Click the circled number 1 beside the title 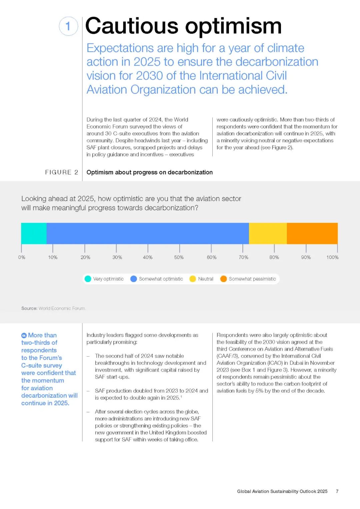pyautogui.click(x=68, y=26)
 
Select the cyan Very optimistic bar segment pyautogui.click(x=34, y=233)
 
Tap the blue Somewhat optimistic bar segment pyautogui.click(x=148, y=233)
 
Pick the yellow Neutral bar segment pyautogui.click(x=268, y=233)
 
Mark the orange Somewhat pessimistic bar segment pyautogui.click(x=312, y=233)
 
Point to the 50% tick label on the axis pyautogui.click(x=179, y=257)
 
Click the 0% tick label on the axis pyautogui.click(x=22, y=257)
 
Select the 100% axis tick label pyautogui.click(x=332, y=257)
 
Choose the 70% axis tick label pyautogui.click(x=243, y=257)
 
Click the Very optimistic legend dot pyautogui.click(x=88, y=279)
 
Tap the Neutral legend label pyautogui.click(x=206, y=279)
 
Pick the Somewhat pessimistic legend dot pyautogui.click(x=223, y=279)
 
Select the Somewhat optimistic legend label pyautogui.click(x=161, y=279)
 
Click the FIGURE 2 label pyautogui.click(x=62, y=172)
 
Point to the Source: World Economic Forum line pyautogui.click(x=53, y=308)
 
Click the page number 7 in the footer pyautogui.click(x=337, y=491)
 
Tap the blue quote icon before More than pyautogui.click(x=24, y=335)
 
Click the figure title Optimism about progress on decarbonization pyautogui.click(x=149, y=172)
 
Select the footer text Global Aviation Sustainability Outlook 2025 pyautogui.click(x=282, y=491)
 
